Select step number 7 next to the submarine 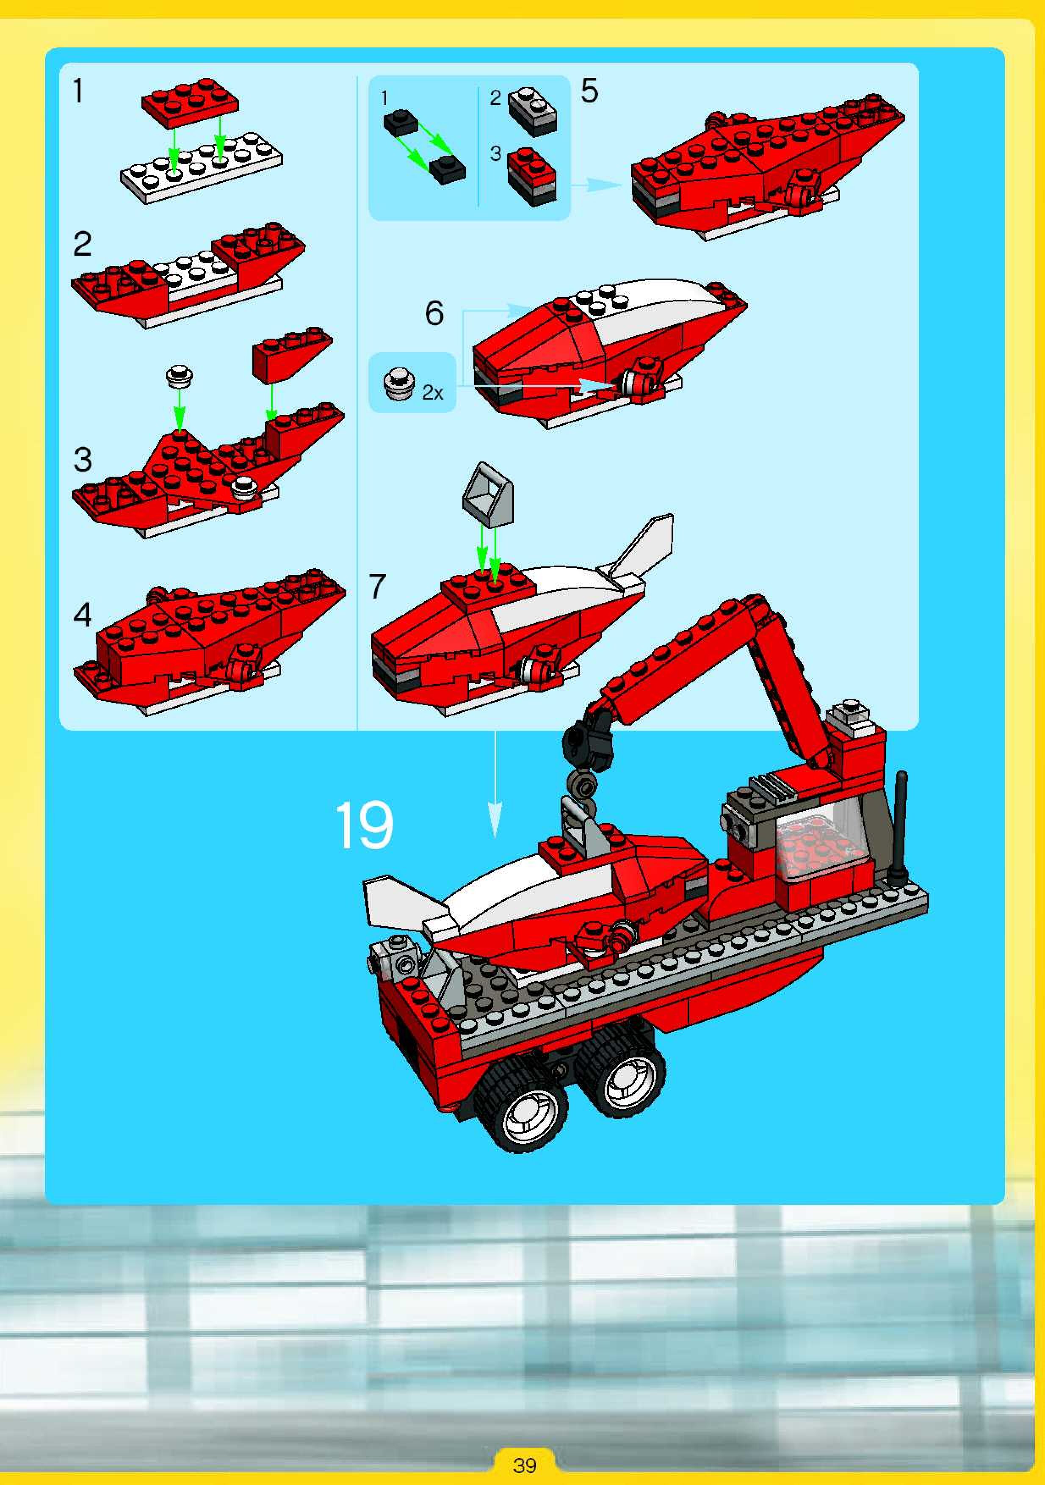pyautogui.click(x=377, y=586)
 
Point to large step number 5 pyautogui.click(x=589, y=91)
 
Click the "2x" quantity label pyautogui.click(x=432, y=392)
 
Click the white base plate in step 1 pyautogui.click(x=201, y=168)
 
